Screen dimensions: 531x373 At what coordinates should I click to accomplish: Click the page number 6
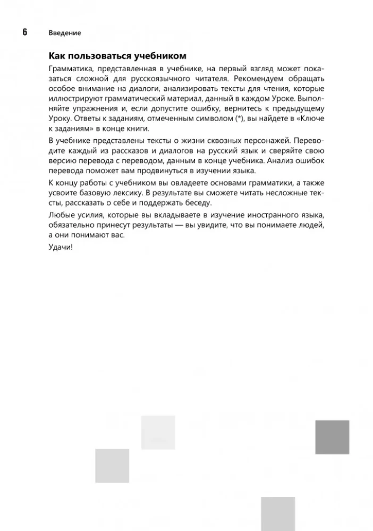pos(24,32)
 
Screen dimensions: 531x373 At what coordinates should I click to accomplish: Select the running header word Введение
pos(64,33)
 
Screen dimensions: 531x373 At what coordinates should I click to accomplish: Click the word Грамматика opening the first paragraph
pos(70,69)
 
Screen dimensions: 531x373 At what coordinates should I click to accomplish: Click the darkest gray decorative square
pos(332,437)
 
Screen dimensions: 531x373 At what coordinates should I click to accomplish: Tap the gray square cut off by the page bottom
pos(278,514)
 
